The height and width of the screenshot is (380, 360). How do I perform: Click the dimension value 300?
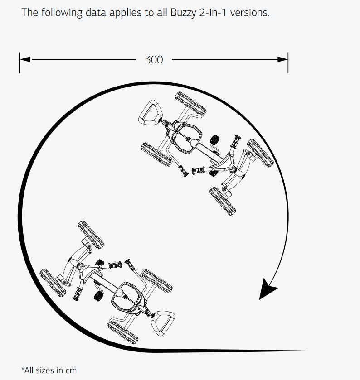pos(154,60)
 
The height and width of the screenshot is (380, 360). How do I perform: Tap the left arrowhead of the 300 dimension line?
pos(25,59)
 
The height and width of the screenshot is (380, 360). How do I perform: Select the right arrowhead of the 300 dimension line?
pos(282,59)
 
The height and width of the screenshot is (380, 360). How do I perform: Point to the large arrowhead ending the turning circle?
pos(268,289)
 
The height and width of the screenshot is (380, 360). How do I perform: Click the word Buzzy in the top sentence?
pos(183,13)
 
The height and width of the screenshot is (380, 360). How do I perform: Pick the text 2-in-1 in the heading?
pos(213,12)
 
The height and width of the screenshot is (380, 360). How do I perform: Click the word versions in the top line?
pos(250,13)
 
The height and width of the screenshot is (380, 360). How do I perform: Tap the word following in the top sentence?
pos(62,13)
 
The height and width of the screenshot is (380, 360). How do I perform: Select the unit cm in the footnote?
pos(71,370)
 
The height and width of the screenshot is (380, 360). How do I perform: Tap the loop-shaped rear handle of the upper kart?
pos(150,112)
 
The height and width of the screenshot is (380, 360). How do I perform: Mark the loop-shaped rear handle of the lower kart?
pos(163,323)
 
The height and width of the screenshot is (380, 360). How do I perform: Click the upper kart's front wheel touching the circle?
pos(261,153)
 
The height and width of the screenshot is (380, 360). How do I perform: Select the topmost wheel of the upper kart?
pos(191,104)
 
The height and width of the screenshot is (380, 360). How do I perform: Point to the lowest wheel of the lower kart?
pos(123,332)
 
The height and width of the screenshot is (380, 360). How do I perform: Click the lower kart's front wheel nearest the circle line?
pos(53,283)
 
